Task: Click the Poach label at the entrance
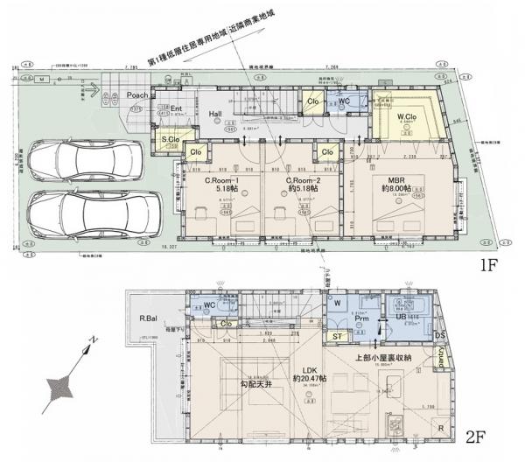138,94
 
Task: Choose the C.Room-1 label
222,181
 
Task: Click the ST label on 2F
336,334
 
